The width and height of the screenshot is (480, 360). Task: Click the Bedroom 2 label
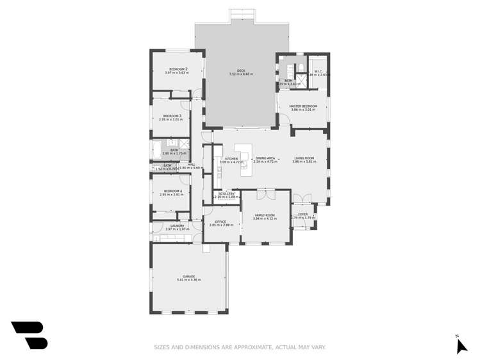click(x=178, y=69)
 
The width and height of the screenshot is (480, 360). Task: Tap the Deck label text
click(x=241, y=71)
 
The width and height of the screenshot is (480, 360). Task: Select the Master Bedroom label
click(x=303, y=106)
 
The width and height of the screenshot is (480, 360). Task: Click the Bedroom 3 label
click(x=172, y=116)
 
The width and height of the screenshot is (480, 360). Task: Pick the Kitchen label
click(x=231, y=159)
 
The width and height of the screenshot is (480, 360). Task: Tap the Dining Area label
click(x=265, y=158)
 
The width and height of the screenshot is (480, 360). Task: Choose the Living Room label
click(x=304, y=158)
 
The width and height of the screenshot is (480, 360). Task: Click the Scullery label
click(x=226, y=193)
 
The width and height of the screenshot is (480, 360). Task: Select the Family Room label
click(x=265, y=215)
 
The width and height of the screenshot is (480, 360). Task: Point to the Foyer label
click(x=303, y=215)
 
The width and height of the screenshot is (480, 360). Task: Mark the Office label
click(x=220, y=222)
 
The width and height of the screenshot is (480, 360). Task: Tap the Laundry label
click(x=177, y=225)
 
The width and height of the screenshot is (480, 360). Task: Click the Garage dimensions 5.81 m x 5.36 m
click(x=188, y=280)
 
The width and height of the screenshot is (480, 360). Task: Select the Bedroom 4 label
click(x=172, y=191)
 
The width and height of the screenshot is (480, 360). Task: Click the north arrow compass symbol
click(x=461, y=346)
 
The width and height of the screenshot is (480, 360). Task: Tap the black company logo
click(x=30, y=335)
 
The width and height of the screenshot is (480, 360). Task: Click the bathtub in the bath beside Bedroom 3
click(x=158, y=151)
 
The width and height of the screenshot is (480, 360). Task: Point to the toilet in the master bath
click(x=301, y=68)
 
